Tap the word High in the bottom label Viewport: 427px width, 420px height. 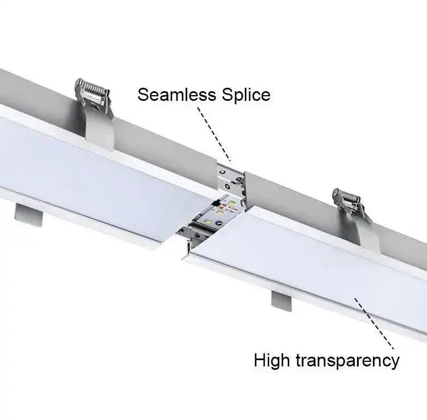pos(273,360)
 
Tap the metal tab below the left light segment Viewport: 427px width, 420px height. pos(28,214)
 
